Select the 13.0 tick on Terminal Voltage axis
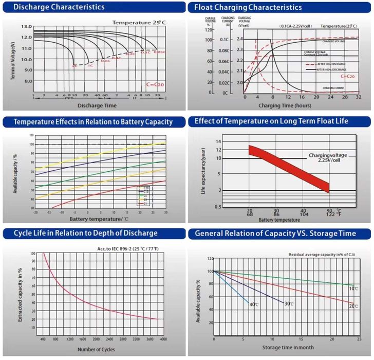coord(27,27)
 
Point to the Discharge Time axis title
coord(97,105)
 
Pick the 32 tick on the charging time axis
coord(358,97)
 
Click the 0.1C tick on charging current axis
coord(225,40)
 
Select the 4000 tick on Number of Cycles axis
coord(163,340)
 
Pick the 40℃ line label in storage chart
coord(253,304)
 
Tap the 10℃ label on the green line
coord(353,289)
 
